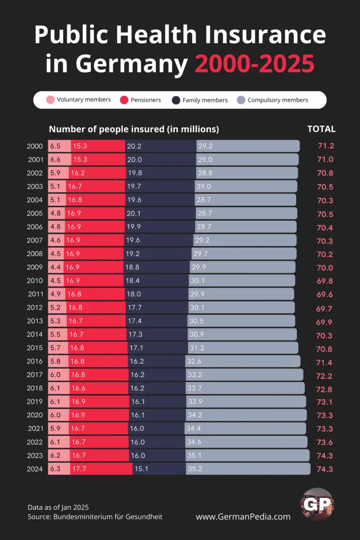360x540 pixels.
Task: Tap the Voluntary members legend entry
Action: [x=79, y=99]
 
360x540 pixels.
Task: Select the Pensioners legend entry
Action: [x=141, y=100]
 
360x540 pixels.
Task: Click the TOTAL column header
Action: [x=321, y=129]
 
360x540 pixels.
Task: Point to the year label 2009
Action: [x=35, y=267]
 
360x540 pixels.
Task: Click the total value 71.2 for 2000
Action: [x=325, y=146]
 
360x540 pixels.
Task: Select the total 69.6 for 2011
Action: [x=325, y=294]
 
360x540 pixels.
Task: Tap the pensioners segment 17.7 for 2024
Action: [x=101, y=469]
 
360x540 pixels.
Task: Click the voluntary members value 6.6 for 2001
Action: [x=55, y=159]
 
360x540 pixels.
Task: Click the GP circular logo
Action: [x=317, y=504]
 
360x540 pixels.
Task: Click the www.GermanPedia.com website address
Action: [x=243, y=517]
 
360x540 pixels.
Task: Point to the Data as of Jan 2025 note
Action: [x=58, y=507]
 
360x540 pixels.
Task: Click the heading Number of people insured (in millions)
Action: [x=134, y=129]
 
